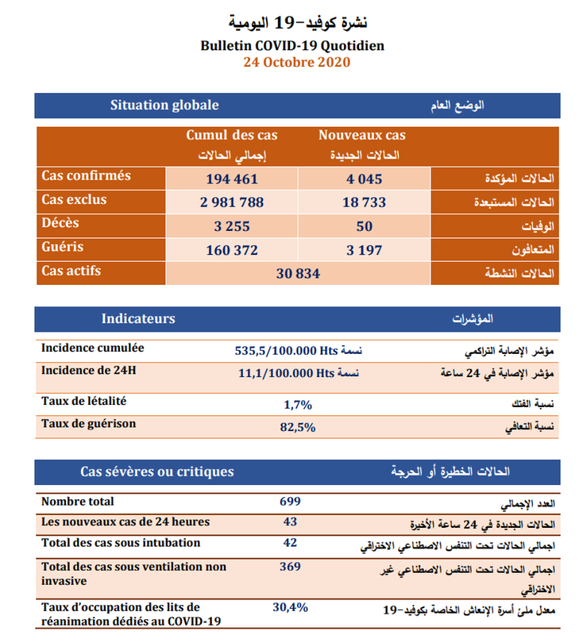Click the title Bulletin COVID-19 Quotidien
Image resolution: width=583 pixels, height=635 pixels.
[x=293, y=45]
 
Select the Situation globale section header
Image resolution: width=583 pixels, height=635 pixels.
[x=164, y=106]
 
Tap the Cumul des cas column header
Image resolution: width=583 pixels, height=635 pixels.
[x=232, y=136]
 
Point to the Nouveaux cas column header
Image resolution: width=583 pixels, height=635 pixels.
[x=362, y=136]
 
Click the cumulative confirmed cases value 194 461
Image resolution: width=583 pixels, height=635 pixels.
[x=232, y=179]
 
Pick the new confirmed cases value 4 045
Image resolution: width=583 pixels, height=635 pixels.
[x=365, y=179]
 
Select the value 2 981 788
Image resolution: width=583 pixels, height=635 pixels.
[x=232, y=202]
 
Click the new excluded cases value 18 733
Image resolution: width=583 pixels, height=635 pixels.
[x=365, y=202]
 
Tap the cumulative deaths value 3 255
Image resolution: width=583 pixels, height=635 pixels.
[x=232, y=226]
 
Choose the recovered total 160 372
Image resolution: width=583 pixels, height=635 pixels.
[x=232, y=250]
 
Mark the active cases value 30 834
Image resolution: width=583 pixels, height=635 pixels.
[x=297, y=273]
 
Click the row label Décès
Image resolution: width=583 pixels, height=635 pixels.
[x=60, y=224]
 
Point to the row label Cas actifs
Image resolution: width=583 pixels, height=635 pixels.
[x=71, y=271]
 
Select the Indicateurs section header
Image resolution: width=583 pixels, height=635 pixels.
[x=138, y=319]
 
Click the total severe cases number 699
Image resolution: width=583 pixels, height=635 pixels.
[x=289, y=502]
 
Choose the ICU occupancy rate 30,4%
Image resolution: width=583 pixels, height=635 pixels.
[x=290, y=607]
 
